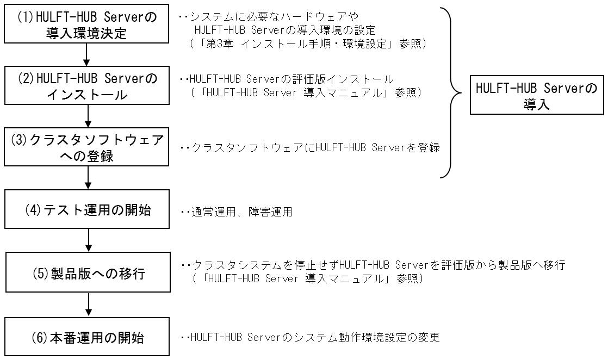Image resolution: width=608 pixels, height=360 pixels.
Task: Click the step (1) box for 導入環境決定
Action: click(x=86, y=24)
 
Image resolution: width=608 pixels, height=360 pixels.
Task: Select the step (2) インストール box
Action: click(x=86, y=86)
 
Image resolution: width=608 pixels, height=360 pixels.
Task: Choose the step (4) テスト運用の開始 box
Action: click(x=86, y=210)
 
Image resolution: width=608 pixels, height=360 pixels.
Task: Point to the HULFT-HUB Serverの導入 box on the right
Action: click(x=536, y=96)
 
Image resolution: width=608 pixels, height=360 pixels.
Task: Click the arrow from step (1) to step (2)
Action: click(x=86, y=54)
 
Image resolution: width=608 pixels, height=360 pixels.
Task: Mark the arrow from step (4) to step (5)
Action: click(x=88, y=240)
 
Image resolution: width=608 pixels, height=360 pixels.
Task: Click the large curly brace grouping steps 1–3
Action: click(x=454, y=92)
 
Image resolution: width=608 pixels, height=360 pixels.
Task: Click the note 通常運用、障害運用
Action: click(x=237, y=212)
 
